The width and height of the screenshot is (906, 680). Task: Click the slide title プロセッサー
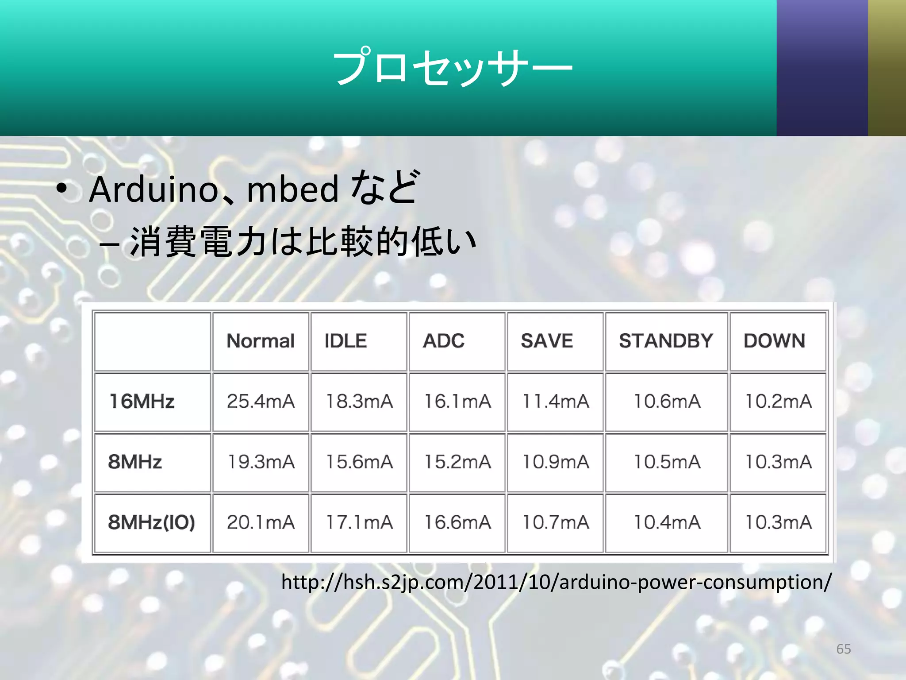click(452, 68)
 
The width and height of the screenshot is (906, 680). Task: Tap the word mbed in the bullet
click(292, 189)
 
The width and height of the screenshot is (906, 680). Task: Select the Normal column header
click(261, 341)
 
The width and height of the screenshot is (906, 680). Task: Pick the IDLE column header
click(346, 341)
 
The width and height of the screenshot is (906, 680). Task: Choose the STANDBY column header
click(666, 341)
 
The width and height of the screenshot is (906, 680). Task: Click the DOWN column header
click(774, 341)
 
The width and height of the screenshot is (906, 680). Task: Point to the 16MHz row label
click(142, 402)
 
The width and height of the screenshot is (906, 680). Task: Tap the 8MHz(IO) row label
click(151, 522)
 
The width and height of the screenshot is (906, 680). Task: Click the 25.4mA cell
click(261, 402)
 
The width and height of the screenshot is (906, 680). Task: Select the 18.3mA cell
click(359, 402)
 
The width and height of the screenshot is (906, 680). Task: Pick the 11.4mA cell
click(556, 402)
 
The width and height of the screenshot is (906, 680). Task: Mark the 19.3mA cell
click(261, 462)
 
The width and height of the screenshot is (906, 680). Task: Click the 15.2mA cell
click(457, 462)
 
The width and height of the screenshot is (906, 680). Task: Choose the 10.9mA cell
click(556, 462)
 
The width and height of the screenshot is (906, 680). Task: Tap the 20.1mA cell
click(261, 522)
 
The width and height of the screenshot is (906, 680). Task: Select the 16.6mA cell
click(457, 522)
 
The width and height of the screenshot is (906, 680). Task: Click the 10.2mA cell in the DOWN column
click(778, 402)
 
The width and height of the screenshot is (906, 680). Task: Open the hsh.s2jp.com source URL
click(556, 582)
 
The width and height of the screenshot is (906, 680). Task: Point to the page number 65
click(843, 649)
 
